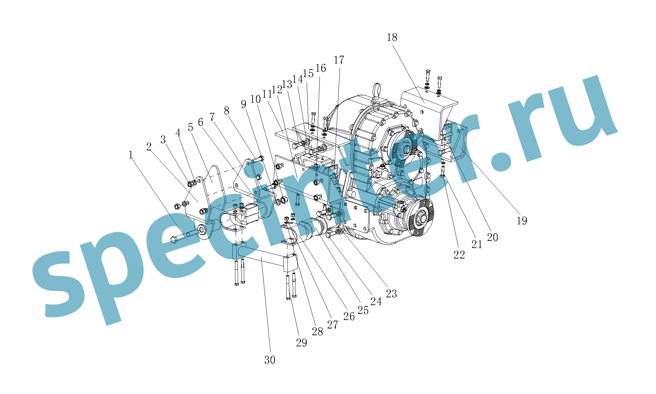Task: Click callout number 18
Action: [392, 37]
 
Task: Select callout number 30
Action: [270, 360]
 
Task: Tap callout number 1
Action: [131, 155]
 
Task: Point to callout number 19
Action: [522, 221]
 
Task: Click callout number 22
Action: [459, 255]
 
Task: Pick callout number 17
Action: [339, 60]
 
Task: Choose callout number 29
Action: [302, 343]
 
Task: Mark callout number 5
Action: [190, 127]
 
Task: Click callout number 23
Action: [391, 294]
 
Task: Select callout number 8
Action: [227, 110]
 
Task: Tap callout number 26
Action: [349, 316]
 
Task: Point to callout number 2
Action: [149, 147]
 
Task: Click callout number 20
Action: [492, 237]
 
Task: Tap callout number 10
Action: [255, 99]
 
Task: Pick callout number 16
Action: [321, 68]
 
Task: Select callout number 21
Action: [477, 244]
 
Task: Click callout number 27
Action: [332, 325]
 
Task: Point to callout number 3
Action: [163, 140]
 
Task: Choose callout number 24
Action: [376, 301]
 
